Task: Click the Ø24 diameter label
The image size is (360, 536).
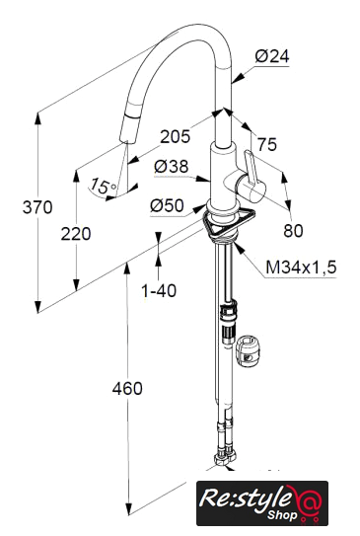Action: [x=272, y=56]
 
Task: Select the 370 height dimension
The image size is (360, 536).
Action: [x=37, y=207]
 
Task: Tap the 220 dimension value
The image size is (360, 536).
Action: [x=76, y=234]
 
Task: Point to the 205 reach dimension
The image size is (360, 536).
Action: [x=176, y=137]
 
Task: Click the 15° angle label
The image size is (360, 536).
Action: [x=103, y=186]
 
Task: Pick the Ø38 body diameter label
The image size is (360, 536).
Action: [x=171, y=167]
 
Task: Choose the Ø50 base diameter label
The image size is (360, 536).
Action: [x=167, y=205]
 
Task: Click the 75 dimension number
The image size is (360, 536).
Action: [x=266, y=144]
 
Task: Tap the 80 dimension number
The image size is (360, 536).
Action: [x=293, y=231]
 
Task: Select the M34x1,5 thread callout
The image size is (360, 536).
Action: [x=301, y=268]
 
